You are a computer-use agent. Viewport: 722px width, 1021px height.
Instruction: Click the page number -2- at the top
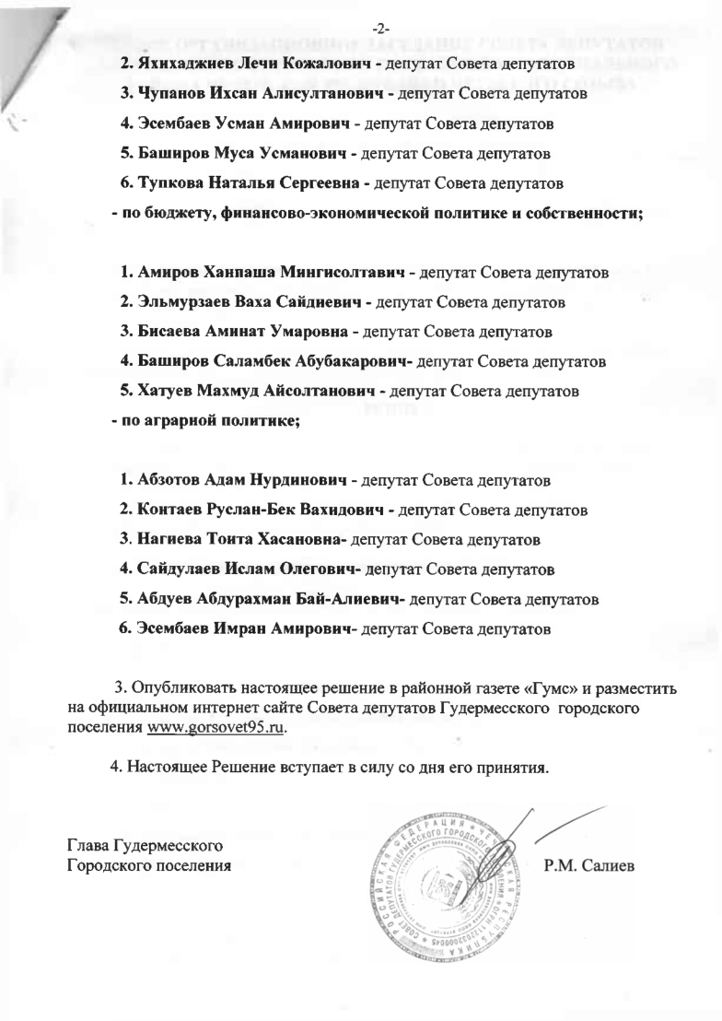tap(361, 13)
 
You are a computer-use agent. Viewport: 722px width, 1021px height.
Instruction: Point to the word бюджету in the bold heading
tap(167, 214)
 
